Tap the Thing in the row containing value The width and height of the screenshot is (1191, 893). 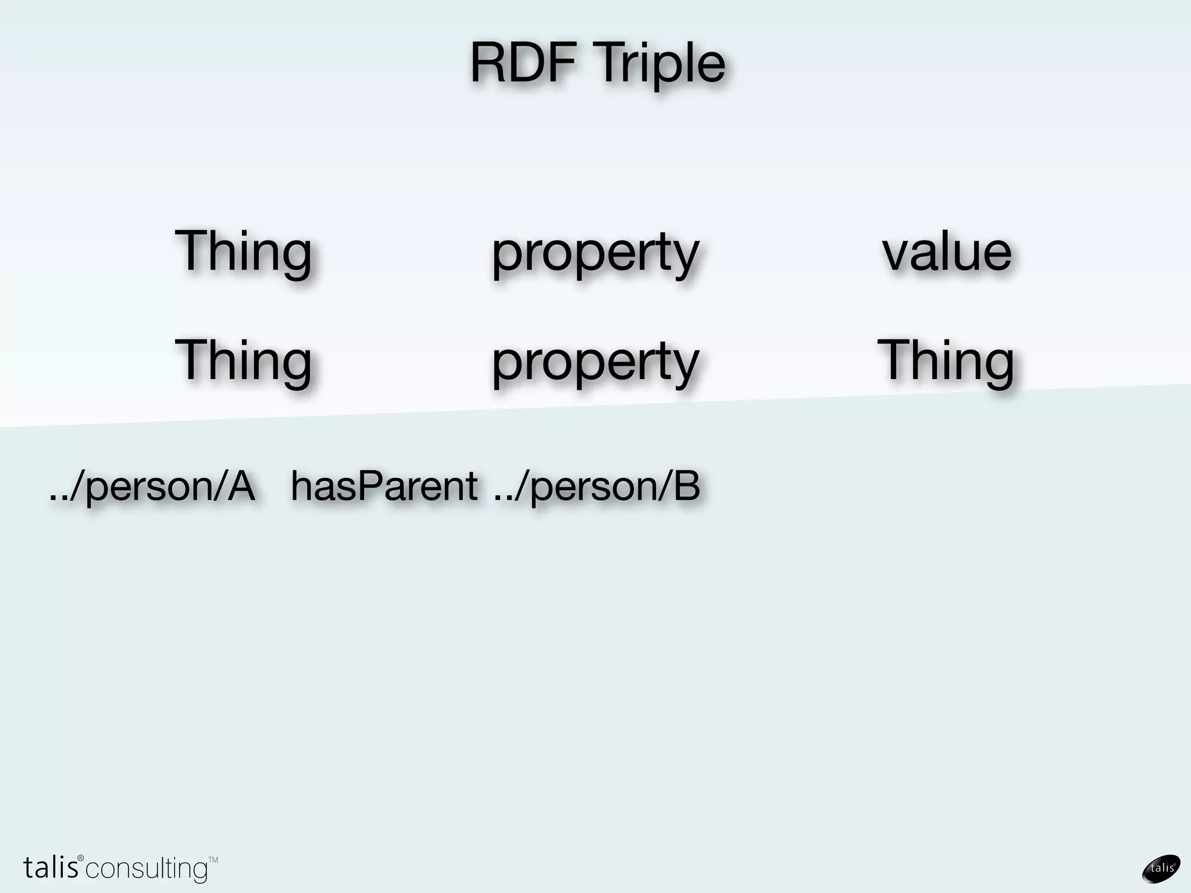[243, 251]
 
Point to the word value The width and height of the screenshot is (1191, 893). [947, 252]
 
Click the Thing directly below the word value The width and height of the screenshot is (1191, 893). [946, 360]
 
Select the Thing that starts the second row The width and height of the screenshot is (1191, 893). [243, 360]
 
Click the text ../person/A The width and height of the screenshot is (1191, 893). [152, 486]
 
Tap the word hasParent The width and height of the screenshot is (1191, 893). [384, 486]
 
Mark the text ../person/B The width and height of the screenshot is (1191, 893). [597, 486]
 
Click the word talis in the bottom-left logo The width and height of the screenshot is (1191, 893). [51, 867]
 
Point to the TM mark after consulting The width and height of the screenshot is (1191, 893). [213, 859]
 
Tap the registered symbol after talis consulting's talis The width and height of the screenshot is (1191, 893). [81, 858]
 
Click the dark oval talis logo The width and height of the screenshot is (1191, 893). [1161, 869]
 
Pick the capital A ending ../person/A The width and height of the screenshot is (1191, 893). [241, 486]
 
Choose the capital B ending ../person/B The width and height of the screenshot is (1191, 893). [686, 486]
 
